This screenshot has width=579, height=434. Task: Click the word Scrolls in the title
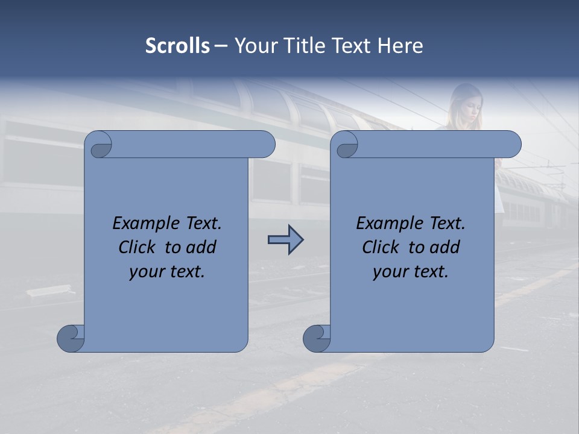pyautogui.click(x=177, y=46)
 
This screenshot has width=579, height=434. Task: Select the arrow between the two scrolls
pyautogui.click(x=285, y=241)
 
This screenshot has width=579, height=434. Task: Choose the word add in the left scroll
pyautogui.click(x=201, y=247)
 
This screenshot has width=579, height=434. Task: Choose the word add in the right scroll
pyautogui.click(x=445, y=247)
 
